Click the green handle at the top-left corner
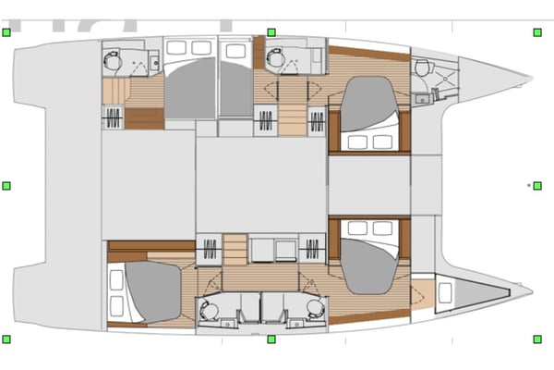pyautogui.click(x=6, y=32)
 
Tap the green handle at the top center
pyautogui.click(x=271, y=32)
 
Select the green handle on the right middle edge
pyautogui.click(x=537, y=186)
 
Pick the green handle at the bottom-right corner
pyautogui.click(x=537, y=339)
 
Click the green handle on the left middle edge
pyautogui.click(x=6, y=186)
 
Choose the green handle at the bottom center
pyautogui.click(x=271, y=339)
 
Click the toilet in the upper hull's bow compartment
pyautogui.click(x=422, y=68)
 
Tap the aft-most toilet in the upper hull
pyautogui.click(x=113, y=58)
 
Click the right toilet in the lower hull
pyautogui.click(x=316, y=310)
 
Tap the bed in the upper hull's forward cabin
pyautogui.click(x=368, y=111)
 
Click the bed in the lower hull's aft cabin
pyautogui.click(x=148, y=290)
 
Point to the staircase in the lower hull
pyautogui.click(x=236, y=250)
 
